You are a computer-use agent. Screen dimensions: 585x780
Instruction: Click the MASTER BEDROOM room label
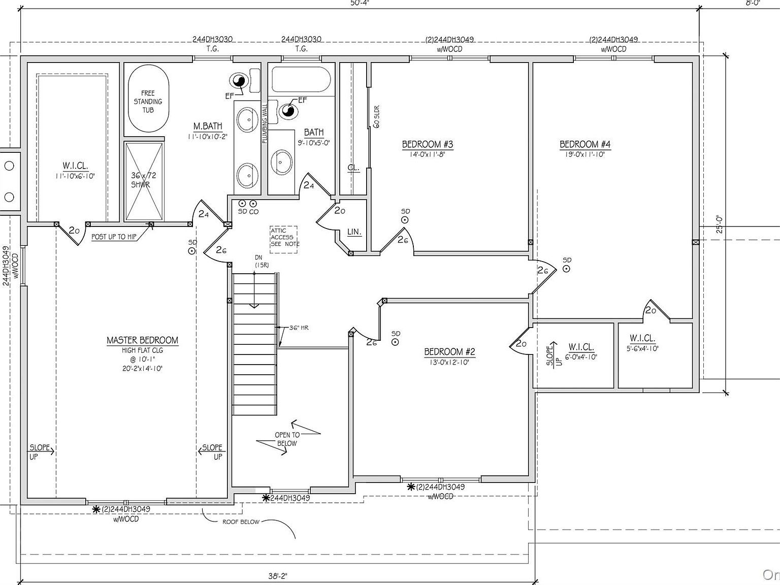pos(142,340)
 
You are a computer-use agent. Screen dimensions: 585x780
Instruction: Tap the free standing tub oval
pos(148,100)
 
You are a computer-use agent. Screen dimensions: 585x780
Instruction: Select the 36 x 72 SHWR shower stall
pos(144,181)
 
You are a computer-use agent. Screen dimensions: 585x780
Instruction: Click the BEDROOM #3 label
pos(428,144)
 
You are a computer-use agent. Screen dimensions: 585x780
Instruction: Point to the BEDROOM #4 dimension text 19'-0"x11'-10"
pos(585,154)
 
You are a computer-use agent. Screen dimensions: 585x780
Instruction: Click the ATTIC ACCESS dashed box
pos(284,237)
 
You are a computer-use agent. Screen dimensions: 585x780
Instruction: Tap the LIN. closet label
pos(354,232)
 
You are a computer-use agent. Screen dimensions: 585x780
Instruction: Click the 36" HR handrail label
pos(299,328)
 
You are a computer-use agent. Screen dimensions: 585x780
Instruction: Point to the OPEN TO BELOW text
pos(287,439)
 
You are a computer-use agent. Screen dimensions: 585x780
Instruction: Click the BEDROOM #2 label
pos(449,351)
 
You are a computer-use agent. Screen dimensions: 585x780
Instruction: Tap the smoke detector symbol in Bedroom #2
pos(396,342)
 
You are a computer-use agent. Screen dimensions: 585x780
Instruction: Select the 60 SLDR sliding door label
pos(377,117)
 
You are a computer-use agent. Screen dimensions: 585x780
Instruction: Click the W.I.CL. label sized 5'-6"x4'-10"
pos(642,338)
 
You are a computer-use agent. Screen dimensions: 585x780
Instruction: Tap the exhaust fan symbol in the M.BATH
pos(239,80)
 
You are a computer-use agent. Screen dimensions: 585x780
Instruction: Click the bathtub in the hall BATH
pos(301,80)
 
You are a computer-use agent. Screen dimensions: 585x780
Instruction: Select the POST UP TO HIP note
pos(114,237)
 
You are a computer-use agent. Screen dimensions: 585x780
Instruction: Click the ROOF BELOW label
pos(241,522)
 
